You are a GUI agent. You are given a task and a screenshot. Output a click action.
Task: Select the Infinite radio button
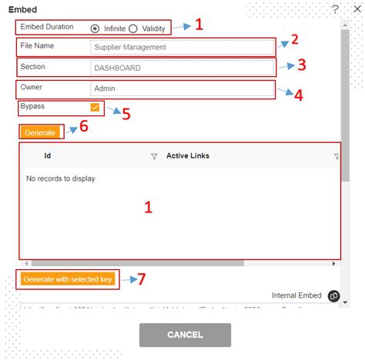[95, 28]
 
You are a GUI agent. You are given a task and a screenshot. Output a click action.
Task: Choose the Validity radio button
[133, 28]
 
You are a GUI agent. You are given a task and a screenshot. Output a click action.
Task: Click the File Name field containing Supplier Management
[182, 47]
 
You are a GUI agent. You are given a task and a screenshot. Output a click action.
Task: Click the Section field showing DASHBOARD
[182, 68]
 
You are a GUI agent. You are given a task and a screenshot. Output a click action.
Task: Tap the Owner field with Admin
[182, 90]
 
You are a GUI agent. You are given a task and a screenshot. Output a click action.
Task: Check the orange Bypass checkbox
[95, 108]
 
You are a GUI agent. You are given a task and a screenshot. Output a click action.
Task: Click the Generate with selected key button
[68, 279]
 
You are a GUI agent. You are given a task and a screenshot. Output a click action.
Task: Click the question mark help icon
[335, 8]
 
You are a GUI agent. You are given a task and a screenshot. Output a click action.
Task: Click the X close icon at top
[353, 8]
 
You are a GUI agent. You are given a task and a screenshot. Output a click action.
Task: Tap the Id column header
[48, 156]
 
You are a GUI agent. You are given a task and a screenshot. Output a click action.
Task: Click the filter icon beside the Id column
[154, 156]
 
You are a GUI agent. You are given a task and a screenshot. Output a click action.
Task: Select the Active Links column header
[187, 156]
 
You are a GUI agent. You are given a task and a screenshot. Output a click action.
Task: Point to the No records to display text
[61, 178]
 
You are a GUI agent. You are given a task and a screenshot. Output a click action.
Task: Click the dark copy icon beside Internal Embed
[333, 296]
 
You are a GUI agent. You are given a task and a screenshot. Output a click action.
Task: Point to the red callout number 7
[141, 279]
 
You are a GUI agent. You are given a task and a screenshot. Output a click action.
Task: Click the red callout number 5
[126, 113]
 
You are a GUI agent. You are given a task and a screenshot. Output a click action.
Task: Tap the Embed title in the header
[22, 9]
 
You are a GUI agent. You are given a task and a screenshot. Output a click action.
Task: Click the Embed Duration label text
[47, 28]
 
